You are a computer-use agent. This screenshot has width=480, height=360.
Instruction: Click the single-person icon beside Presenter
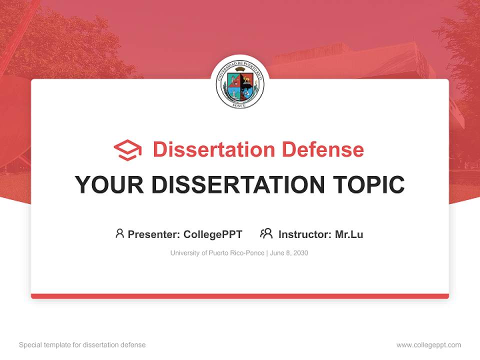pyautogui.click(x=119, y=233)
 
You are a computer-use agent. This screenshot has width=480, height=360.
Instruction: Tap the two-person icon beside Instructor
pyautogui.click(x=266, y=233)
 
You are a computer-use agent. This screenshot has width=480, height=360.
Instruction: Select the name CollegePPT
pyautogui.click(x=213, y=234)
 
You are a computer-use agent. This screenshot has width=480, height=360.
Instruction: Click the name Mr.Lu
pyautogui.click(x=349, y=234)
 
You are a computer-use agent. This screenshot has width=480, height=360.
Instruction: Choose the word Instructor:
pyautogui.click(x=305, y=234)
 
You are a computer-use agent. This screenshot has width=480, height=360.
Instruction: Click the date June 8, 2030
pyautogui.click(x=289, y=253)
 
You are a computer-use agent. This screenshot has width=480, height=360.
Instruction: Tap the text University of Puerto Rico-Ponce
pyautogui.click(x=217, y=253)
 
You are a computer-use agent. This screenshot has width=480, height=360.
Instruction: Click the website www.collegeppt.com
pyautogui.click(x=428, y=345)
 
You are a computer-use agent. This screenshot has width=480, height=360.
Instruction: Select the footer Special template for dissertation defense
pyautogui.click(x=82, y=345)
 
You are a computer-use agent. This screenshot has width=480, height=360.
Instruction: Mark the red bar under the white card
pyautogui.click(x=240, y=296)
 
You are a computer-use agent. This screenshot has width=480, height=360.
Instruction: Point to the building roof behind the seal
pyautogui.click(x=350, y=57)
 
